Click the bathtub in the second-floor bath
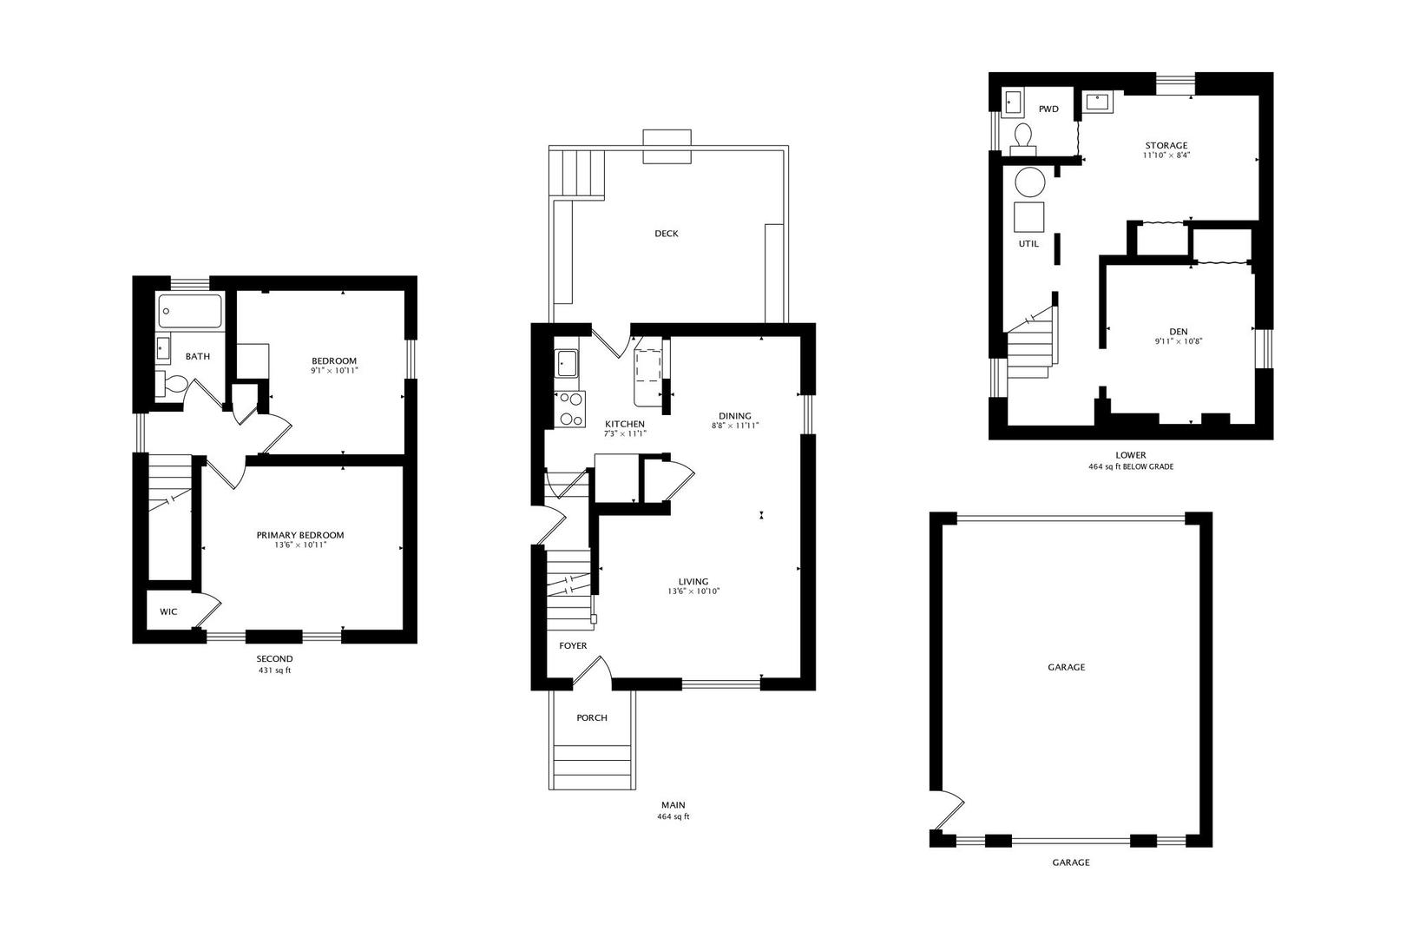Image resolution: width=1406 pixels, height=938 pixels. [190, 311]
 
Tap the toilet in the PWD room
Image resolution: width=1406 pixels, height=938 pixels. [1023, 138]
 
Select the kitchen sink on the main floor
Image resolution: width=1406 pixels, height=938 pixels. [568, 362]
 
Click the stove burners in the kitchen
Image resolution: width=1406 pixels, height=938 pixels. [570, 409]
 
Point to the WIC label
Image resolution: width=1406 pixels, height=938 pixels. [168, 612]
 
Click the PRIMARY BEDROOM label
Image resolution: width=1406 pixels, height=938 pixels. [300, 535]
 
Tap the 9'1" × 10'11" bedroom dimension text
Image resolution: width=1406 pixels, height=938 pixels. [334, 371]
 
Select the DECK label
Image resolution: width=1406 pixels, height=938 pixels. [667, 234]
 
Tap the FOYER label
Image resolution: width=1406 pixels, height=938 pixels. [573, 646]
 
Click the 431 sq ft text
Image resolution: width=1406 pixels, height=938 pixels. [274, 670]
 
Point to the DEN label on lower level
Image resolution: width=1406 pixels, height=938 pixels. [1178, 332]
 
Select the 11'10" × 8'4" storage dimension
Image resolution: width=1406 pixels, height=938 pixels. [1166, 155]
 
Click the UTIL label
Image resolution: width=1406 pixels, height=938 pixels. [1028, 244]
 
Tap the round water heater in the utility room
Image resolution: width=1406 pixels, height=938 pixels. [1030, 182]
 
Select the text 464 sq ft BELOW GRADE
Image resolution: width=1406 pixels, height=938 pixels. [1131, 466]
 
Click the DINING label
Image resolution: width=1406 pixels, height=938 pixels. [735, 416]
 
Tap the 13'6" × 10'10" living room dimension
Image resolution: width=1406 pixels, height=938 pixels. [693, 591]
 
